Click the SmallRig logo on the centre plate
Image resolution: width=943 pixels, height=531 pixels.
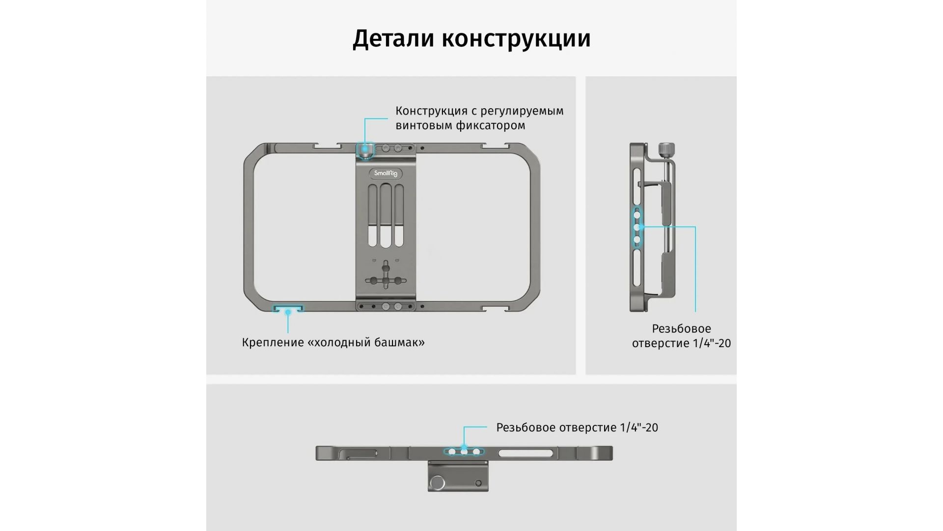click(386, 173)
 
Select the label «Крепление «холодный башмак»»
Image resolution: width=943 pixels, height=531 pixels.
click(333, 342)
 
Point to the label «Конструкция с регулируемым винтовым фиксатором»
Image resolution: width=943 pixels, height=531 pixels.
click(479, 118)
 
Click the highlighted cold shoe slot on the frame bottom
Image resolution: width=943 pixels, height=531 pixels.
click(288, 310)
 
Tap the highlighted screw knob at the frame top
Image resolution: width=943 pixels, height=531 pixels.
click(365, 151)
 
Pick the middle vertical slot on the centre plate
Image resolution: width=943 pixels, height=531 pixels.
click(386, 215)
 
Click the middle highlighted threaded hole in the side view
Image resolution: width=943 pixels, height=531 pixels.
click(637, 227)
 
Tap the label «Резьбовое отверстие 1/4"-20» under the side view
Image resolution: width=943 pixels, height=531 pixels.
click(681, 336)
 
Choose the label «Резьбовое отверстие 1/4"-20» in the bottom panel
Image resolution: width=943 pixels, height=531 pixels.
click(577, 427)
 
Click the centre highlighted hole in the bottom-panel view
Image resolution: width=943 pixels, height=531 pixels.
click(464, 451)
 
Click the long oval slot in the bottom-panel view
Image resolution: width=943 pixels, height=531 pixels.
click(526, 453)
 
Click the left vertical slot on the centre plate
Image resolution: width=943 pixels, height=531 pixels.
click(372, 215)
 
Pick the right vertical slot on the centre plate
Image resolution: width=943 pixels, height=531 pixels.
click(399, 215)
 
